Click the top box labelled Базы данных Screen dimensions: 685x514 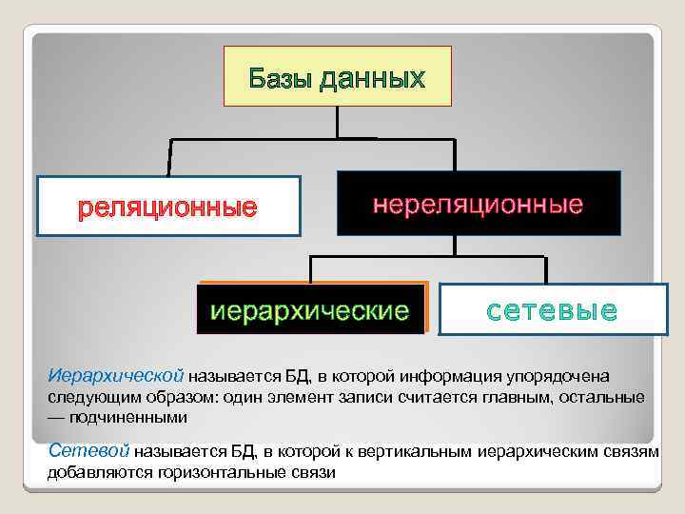point(337,75)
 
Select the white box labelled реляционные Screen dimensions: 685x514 point(168,206)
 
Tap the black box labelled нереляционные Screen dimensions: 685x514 point(478,203)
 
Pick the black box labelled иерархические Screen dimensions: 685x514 point(310,308)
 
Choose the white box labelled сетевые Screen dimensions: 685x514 point(553,308)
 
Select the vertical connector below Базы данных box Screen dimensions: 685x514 point(337,122)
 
